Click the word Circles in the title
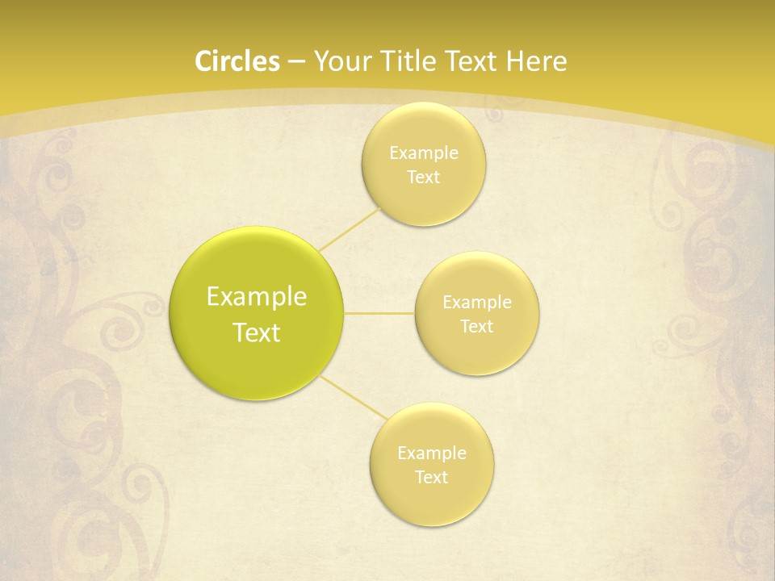click(237, 61)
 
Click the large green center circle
click(257, 314)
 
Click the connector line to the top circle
click(349, 228)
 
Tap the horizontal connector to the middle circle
click(379, 313)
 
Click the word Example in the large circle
click(257, 297)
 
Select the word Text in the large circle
click(257, 332)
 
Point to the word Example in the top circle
click(423, 153)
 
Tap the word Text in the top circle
click(423, 178)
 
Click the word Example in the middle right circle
click(476, 303)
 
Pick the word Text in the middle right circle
click(476, 327)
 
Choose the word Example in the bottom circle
click(431, 454)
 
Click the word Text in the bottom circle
click(431, 478)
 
